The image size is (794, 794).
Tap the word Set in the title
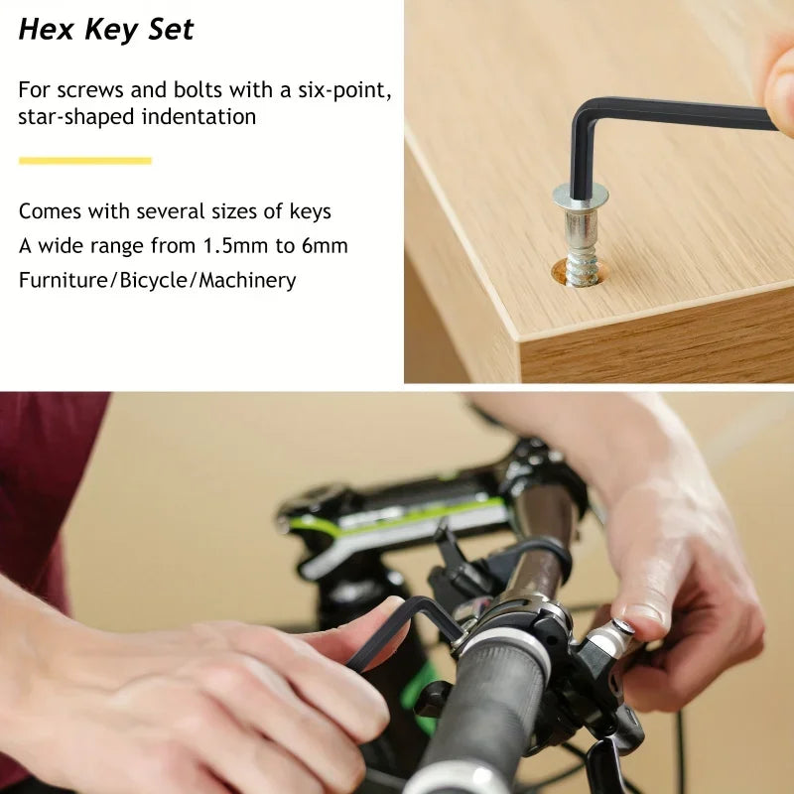coord(171,29)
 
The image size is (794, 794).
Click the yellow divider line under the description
coord(85,161)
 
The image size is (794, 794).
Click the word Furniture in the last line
coord(64,280)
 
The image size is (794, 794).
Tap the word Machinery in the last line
coord(247,281)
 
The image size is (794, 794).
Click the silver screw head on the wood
coord(581,195)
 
